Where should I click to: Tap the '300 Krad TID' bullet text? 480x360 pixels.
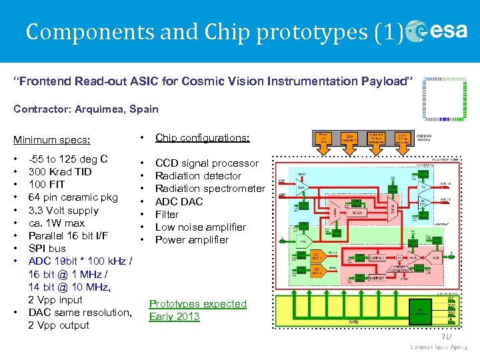pyautogui.click(x=60, y=172)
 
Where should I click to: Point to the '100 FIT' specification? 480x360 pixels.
pyautogui.click(x=47, y=185)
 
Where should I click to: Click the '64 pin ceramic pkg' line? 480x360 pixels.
pyautogui.click(x=73, y=197)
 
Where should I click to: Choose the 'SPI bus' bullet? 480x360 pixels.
pyautogui.click(x=47, y=249)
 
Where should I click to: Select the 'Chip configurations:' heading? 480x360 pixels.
pyautogui.click(x=202, y=138)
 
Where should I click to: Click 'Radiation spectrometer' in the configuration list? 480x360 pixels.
pyautogui.click(x=210, y=189)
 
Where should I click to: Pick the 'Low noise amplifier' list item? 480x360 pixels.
pyautogui.click(x=201, y=227)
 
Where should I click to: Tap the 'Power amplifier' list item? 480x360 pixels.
pyautogui.click(x=192, y=240)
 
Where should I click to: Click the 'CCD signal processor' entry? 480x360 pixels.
pyautogui.click(x=207, y=163)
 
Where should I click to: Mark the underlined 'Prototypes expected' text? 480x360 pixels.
pyautogui.click(x=197, y=304)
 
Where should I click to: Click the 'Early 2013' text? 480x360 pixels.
pyautogui.click(x=175, y=317)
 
